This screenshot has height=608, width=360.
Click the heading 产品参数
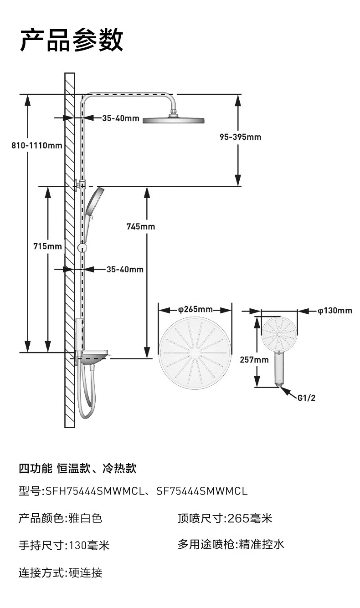tap(72, 40)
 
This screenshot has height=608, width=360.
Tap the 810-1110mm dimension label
tap(37, 146)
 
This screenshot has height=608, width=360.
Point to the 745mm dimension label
tap(141, 226)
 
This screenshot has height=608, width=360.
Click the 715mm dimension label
tap(48, 246)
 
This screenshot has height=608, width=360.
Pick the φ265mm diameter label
tap(195, 310)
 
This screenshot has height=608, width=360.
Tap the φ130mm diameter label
tap(335, 311)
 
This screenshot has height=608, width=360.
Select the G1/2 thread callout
tap(306, 398)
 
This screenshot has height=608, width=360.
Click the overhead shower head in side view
tap(173, 120)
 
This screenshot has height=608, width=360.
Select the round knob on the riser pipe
tap(82, 247)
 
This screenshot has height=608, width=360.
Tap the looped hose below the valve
tap(86, 392)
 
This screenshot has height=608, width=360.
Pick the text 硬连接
tap(85, 572)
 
